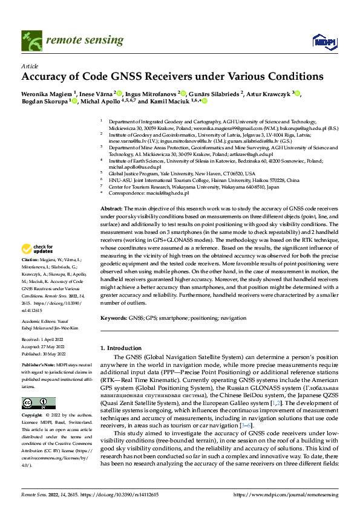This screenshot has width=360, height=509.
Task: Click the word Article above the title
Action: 30,66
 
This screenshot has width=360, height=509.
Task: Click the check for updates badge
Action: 37,248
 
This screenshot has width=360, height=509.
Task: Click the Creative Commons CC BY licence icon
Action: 38,403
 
